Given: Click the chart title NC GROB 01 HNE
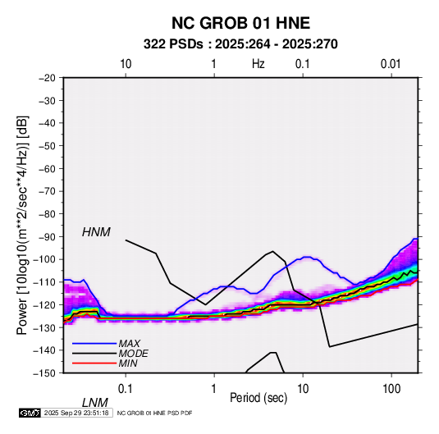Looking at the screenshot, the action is [x=240, y=23].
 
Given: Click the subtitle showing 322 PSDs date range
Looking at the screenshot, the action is [x=240, y=44].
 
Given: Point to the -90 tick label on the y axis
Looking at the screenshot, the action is [x=47, y=237].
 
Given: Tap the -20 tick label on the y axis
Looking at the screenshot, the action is [x=47, y=78].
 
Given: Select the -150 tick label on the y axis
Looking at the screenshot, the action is [x=44, y=373].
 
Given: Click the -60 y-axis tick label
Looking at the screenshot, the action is [x=47, y=168].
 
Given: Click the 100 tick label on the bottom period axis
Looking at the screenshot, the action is [x=391, y=388].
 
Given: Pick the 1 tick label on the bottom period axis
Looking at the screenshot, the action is [x=213, y=388].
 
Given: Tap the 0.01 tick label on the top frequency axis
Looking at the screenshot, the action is [x=391, y=64].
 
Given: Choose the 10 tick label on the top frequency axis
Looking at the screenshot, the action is [x=126, y=64].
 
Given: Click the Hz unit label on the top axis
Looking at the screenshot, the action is [x=258, y=64].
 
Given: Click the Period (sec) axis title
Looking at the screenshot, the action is [x=258, y=398].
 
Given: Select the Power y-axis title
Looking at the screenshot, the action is [x=22, y=226].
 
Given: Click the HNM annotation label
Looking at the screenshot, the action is [x=96, y=232].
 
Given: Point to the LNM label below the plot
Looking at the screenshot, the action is [x=95, y=403].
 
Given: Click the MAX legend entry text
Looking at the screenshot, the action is [x=129, y=344].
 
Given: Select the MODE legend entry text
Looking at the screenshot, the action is [x=133, y=354].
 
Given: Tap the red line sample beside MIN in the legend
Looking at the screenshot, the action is [x=94, y=363].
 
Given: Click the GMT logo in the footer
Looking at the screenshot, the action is [x=30, y=413].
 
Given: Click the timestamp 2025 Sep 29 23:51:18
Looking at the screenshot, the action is [x=76, y=413].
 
